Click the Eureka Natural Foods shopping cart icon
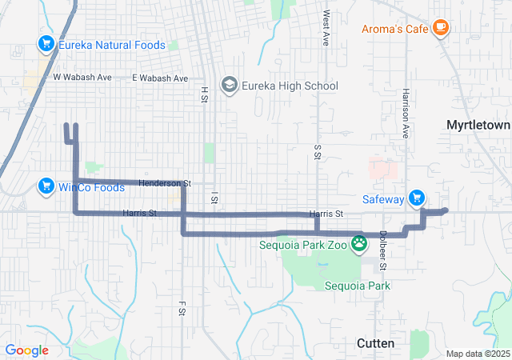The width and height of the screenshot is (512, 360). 46,45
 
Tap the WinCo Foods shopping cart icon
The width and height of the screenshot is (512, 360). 46,187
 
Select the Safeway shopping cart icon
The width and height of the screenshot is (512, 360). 416,198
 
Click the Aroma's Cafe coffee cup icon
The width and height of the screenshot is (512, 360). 439,28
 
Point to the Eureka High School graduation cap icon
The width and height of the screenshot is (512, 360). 230,86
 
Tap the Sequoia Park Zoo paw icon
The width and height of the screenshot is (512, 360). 360,244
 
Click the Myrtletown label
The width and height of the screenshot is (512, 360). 478,126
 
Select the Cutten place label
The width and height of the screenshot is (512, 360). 375,342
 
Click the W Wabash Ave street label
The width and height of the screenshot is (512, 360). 82,78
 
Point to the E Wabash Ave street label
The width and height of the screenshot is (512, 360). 159,78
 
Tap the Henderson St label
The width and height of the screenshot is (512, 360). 165,183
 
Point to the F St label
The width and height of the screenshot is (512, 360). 182,307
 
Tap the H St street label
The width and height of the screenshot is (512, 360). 204,94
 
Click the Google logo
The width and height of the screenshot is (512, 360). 26,350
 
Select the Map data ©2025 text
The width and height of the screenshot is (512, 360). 477,354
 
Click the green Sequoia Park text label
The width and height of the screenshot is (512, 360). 357,285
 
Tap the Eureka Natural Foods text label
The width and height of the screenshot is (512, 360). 112,45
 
